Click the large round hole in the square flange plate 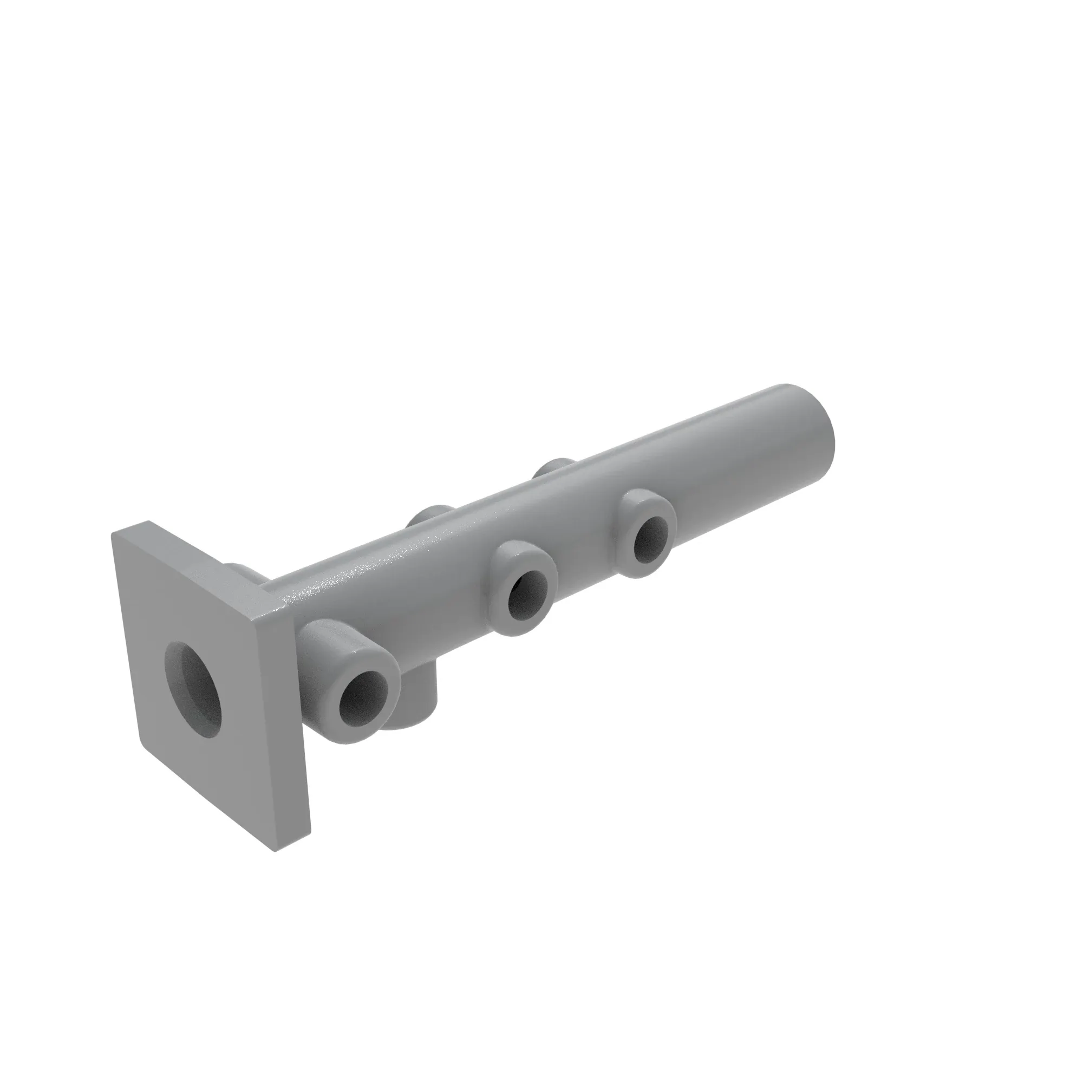pos(193,689)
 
